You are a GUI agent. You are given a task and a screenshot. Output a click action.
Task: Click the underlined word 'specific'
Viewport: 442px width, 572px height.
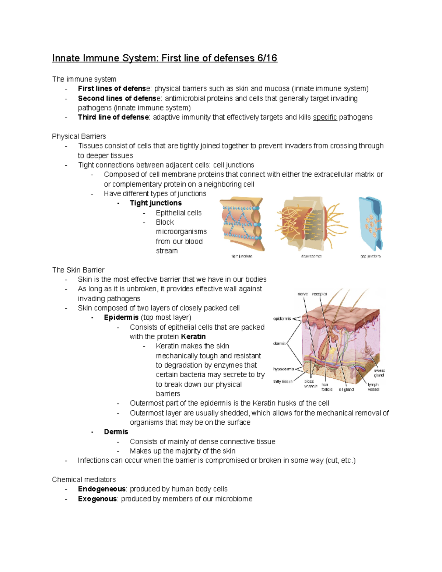(325, 117)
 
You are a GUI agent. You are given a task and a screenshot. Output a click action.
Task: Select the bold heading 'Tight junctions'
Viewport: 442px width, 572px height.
(155, 203)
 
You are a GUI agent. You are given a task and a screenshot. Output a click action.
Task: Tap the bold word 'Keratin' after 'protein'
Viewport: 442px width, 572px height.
(193, 337)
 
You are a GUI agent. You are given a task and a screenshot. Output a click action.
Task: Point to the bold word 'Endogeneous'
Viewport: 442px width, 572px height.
(102, 489)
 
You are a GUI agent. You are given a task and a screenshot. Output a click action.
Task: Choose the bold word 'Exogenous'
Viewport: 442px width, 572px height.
(97, 499)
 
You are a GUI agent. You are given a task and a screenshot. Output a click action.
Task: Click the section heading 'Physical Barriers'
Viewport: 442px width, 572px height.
(79, 136)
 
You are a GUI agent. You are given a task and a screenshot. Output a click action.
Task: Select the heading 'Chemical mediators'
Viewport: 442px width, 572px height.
(84, 480)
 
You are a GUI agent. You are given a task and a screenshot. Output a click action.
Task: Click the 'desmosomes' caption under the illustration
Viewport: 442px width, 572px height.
(311, 256)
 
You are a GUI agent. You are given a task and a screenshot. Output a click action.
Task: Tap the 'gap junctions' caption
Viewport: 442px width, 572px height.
(370, 256)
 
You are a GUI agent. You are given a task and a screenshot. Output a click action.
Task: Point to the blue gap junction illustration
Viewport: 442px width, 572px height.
(371, 223)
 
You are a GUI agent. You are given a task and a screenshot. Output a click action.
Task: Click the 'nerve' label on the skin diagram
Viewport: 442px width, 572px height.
(302, 294)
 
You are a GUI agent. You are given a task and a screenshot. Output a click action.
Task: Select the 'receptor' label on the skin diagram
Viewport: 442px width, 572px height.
(319, 294)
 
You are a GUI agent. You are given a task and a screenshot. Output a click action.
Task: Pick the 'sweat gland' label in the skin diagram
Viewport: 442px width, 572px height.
(379, 373)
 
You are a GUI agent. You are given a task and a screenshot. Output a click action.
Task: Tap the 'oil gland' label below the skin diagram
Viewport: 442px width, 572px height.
(346, 389)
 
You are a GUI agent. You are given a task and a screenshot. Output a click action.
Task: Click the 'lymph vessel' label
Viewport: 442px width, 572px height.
(373, 387)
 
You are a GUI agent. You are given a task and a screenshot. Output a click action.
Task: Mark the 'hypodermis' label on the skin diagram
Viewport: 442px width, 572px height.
(283, 369)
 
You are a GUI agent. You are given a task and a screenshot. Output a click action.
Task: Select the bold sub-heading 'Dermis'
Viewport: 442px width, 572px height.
(116, 432)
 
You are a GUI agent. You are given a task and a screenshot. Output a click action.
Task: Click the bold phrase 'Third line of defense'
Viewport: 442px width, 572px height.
(113, 117)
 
